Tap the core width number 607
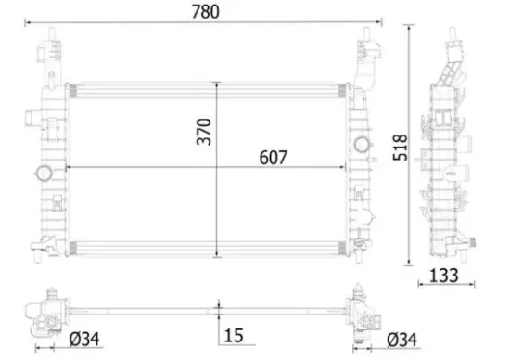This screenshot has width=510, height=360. [x=264, y=157]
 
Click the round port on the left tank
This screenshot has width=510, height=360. [x=42, y=173]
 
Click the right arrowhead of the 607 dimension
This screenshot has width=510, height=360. [x=345, y=168]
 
